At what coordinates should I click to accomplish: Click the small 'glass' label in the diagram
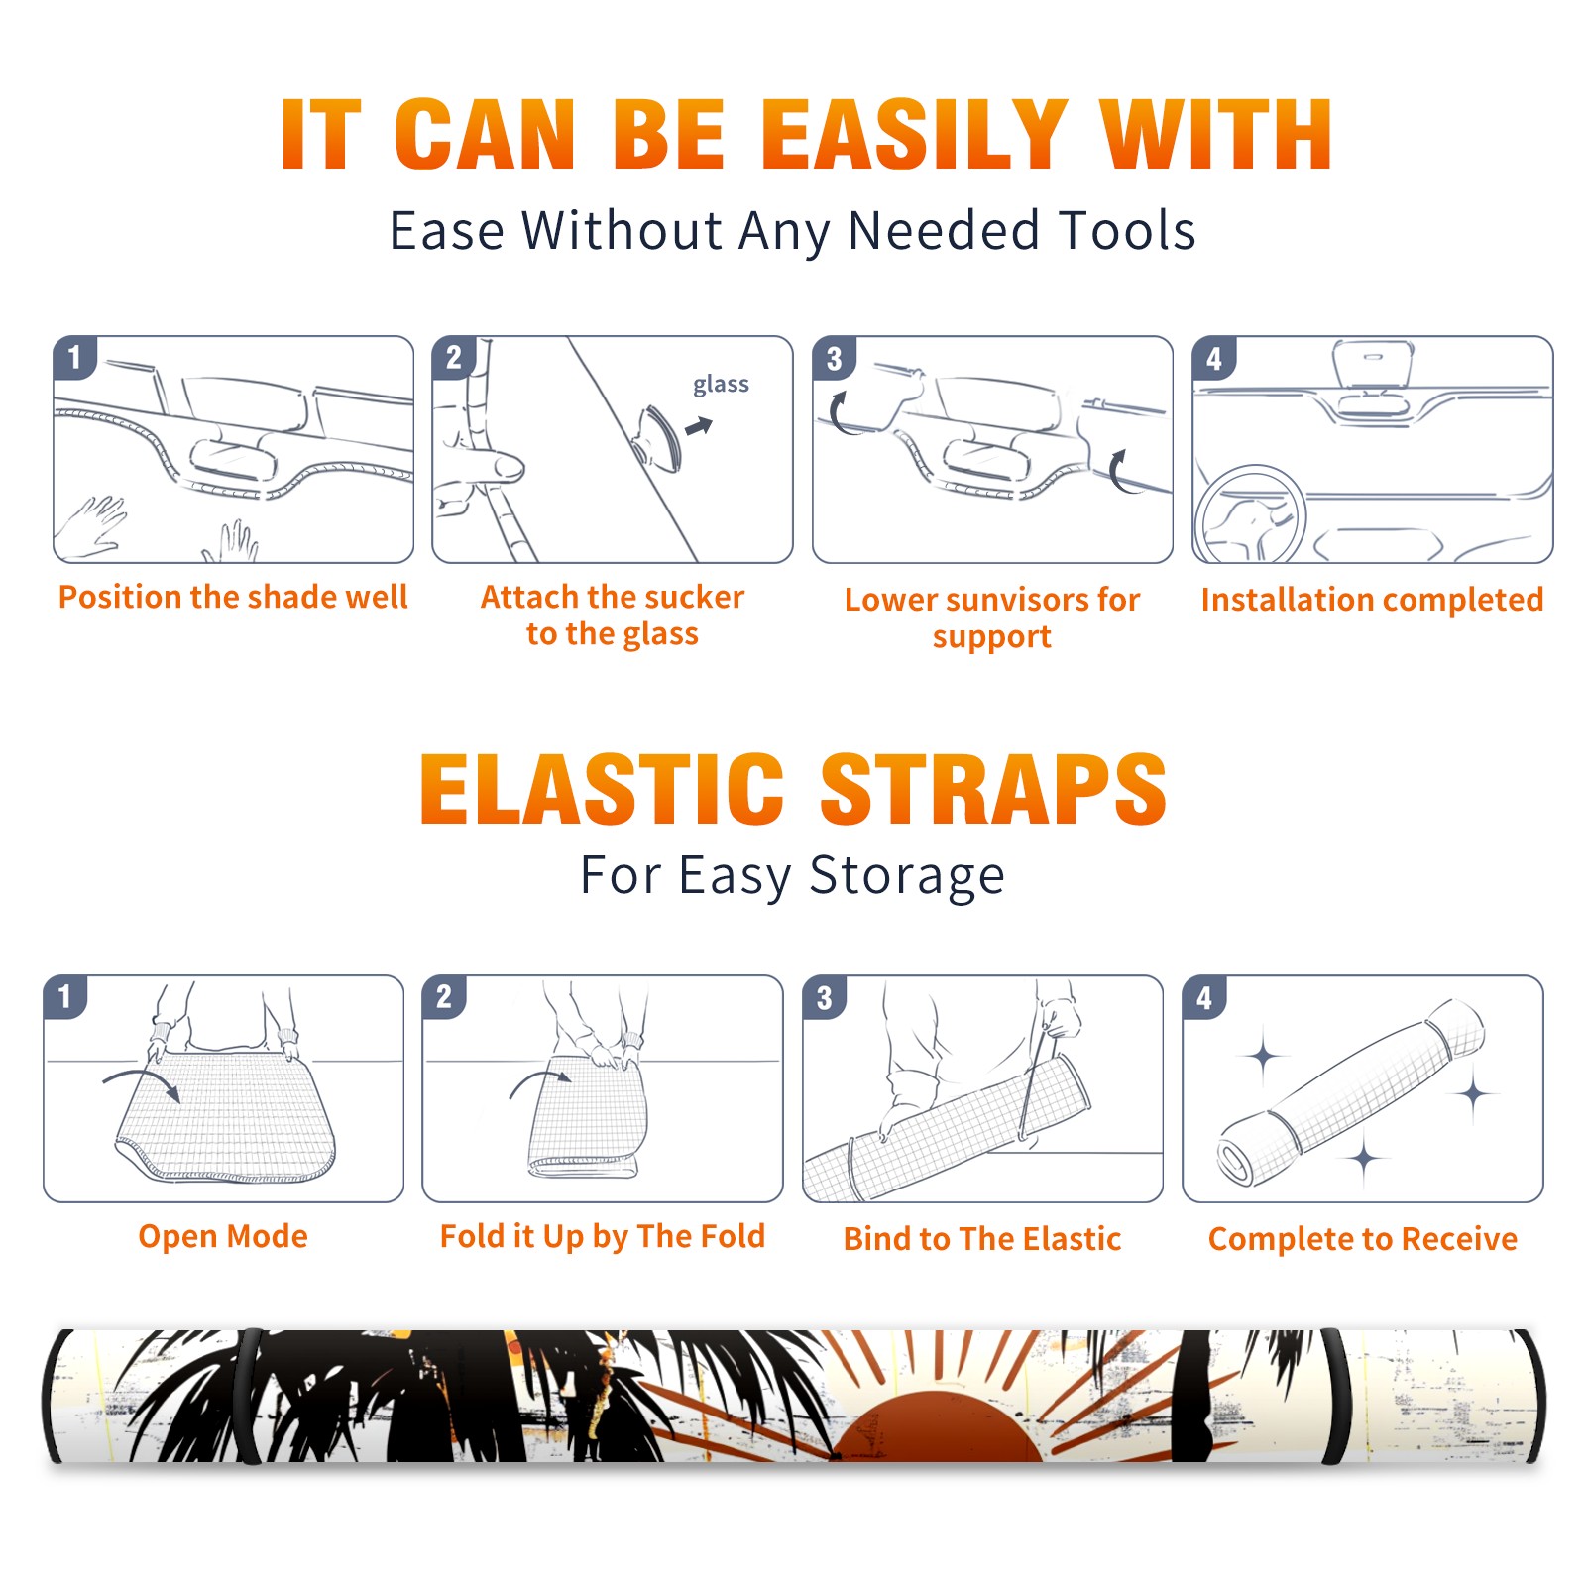[x=721, y=384]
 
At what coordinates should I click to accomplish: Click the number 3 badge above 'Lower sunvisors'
[x=834, y=358]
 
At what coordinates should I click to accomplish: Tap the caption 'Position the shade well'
[x=233, y=597]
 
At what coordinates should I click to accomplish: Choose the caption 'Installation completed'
[x=1372, y=599]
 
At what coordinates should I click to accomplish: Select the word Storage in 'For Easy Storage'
[x=907, y=876]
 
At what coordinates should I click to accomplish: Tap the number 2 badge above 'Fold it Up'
[x=444, y=996]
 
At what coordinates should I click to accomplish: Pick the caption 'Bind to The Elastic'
[x=981, y=1238]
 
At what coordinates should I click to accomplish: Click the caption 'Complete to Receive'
[x=1362, y=1238]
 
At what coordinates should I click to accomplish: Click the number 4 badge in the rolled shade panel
[x=1203, y=996]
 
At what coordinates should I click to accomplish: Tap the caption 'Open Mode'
[x=223, y=1236]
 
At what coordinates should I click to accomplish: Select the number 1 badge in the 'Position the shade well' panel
[x=74, y=358]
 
